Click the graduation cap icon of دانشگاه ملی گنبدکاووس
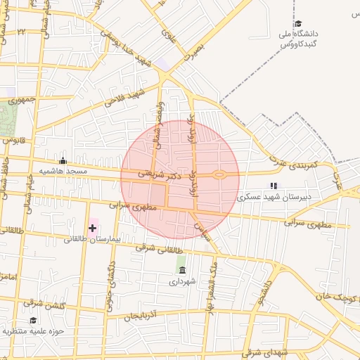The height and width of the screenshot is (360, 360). pos(298,24)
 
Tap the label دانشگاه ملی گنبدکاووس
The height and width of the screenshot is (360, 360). pos(300,39)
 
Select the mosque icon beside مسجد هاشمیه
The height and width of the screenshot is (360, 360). pos(63,160)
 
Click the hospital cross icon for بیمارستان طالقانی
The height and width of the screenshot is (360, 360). pos(92,228)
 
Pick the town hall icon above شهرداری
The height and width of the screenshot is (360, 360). pos(182,271)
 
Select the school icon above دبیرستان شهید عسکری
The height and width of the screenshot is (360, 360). pos(274,186)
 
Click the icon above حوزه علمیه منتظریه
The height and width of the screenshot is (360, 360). pos(33,321)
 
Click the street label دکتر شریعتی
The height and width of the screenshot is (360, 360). pos(159,173)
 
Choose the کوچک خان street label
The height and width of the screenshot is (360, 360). pos(342,291)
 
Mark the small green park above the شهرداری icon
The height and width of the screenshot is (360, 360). pos(181,257)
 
